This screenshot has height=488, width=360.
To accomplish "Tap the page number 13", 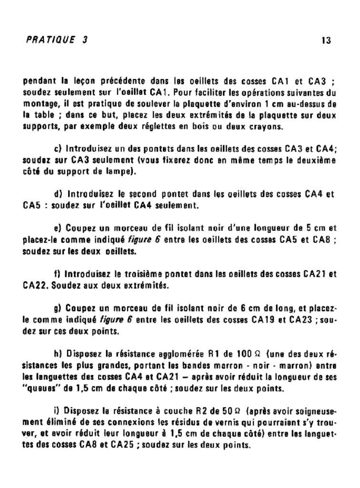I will (326, 41).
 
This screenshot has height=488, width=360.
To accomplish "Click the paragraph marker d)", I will (60, 194).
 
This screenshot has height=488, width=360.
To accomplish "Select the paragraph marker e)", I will (60, 228).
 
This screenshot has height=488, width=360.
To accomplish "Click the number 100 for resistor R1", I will (243, 354).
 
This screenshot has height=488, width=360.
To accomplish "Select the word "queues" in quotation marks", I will (39, 388).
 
